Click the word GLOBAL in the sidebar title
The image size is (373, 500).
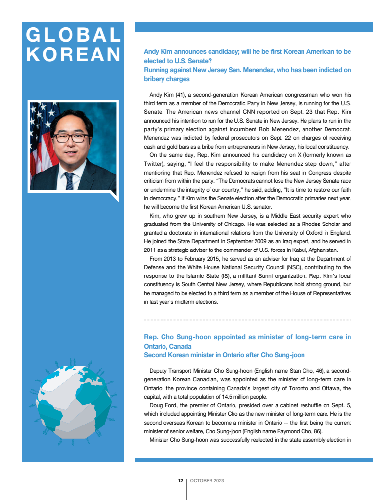click(x=73, y=35)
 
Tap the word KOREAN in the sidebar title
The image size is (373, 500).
click(x=73, y=54)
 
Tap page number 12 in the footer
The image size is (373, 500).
click(x=180, y=481)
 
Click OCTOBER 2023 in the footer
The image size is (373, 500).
click(x=207, y=481)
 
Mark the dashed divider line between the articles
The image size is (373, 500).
click(x=248, y=319)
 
